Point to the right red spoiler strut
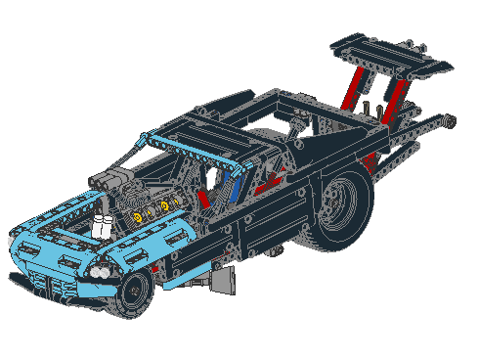tap(394, 98)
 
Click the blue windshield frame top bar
tap(196, 148)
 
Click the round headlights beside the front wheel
tap(101, 269)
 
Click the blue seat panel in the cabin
tap(239, 186)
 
